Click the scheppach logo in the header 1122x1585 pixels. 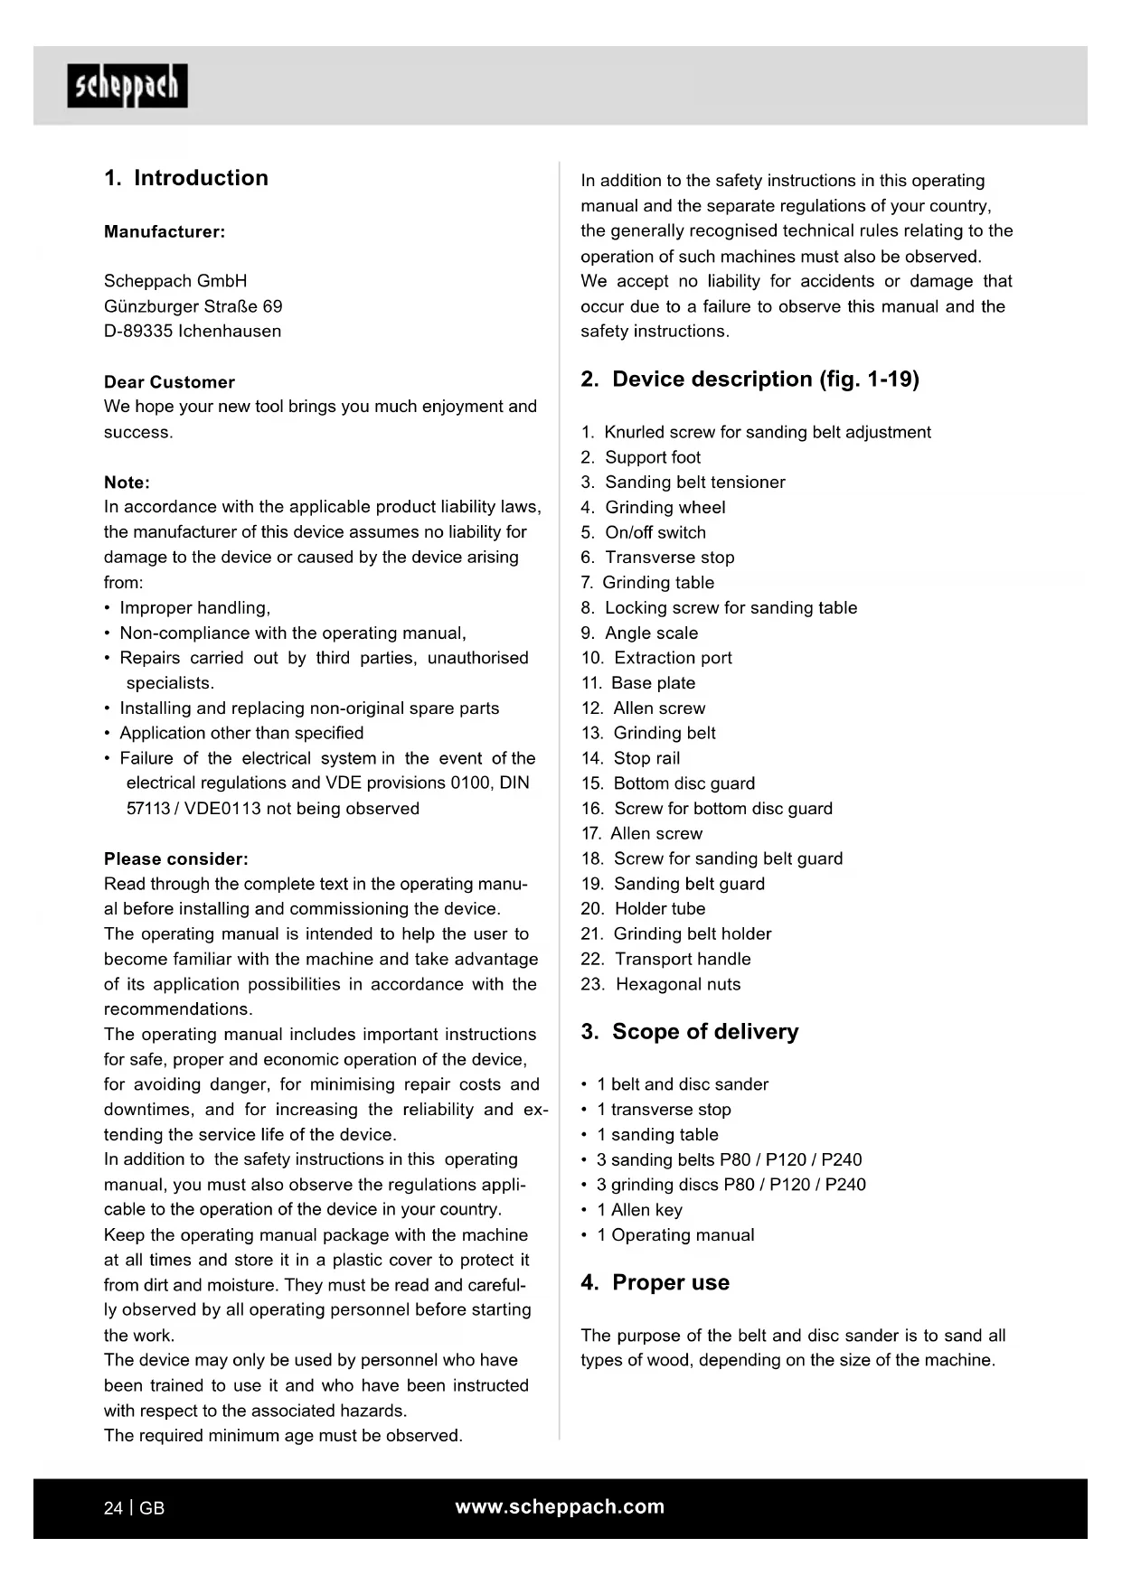127,86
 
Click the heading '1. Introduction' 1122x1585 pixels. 186,178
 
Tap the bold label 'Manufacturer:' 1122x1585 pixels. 165,231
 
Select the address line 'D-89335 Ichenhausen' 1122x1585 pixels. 193,331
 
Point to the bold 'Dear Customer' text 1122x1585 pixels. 169,381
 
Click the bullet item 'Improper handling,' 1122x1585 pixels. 194,607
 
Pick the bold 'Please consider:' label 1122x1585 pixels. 176,858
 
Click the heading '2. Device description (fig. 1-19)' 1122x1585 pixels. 750,379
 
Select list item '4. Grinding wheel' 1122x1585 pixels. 653,507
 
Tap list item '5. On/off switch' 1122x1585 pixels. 643,532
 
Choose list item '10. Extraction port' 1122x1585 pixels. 656,658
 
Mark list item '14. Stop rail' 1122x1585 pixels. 630,758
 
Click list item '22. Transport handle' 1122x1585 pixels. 665,959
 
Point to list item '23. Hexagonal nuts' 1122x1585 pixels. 660,984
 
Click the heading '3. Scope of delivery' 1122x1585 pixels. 690,1031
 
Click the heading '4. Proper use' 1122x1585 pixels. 655,1282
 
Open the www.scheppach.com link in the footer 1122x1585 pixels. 560,1506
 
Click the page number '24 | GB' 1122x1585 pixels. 135,1507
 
